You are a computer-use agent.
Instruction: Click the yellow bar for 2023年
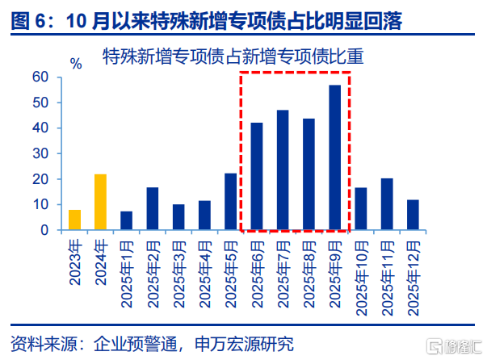tap(74, 220)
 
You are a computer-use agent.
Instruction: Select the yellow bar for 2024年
tap(101, 202)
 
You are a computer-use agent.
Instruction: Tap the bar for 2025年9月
tap(335, 157)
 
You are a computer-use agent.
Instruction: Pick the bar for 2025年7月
tap(283, 170)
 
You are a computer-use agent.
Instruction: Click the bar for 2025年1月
tap(127, 220)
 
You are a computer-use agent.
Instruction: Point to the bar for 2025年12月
tap(413, 215)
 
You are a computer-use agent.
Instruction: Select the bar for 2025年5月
tap(230, 202)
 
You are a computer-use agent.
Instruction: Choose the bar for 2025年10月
tap(361, 208)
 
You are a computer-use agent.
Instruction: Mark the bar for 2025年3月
tap(178, 217)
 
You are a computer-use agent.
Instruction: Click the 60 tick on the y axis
tap(40, 77)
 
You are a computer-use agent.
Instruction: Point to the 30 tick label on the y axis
tap(40, 153)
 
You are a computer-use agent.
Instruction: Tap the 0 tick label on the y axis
tap(44, 230)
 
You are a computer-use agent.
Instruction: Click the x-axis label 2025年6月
tap(258, 274)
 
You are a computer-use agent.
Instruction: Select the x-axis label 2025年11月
tap(388, 278)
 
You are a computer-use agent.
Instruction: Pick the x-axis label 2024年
tap(101, 262)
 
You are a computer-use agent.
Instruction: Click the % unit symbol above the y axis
tap(76, 64)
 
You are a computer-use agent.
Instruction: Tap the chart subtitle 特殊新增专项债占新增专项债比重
tap(233, 57)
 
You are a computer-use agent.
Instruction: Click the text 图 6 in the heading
tap(30, 21)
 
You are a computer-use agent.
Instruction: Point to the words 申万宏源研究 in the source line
tap(244, 344)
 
